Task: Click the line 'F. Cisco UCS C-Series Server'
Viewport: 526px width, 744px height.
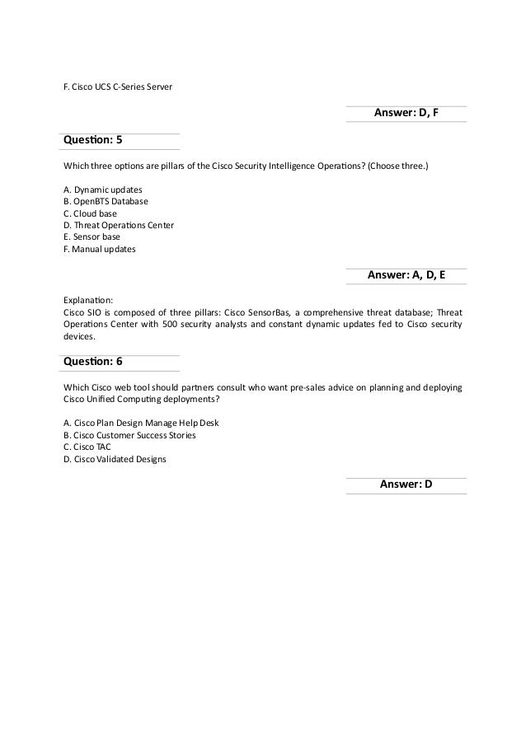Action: pos(118,86)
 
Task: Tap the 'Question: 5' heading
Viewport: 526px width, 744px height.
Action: pos(92,141)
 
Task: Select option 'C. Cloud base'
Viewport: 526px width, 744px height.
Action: pos(90,213)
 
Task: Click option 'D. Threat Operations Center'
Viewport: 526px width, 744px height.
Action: pos(118,224)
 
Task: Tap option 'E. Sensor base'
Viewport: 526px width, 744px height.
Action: pos(92,236)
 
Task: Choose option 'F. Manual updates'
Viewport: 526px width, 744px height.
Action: pos(100,248)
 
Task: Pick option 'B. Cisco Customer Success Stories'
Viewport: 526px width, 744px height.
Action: pos(129,435)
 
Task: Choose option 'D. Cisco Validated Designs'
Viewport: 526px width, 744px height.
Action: pos(115,459)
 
